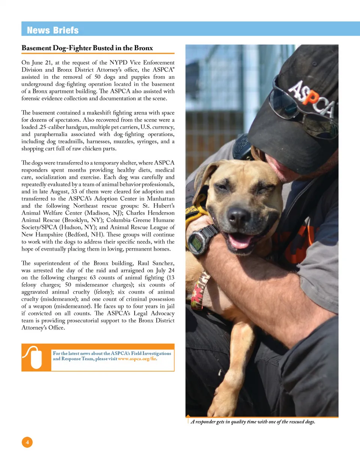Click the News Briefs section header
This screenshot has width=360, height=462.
click(53, 30)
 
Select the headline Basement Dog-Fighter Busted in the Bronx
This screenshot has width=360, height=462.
click(87, 48)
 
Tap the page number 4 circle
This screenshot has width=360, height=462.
click(27, 442)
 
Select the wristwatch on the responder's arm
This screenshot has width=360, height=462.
click(201, 241)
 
